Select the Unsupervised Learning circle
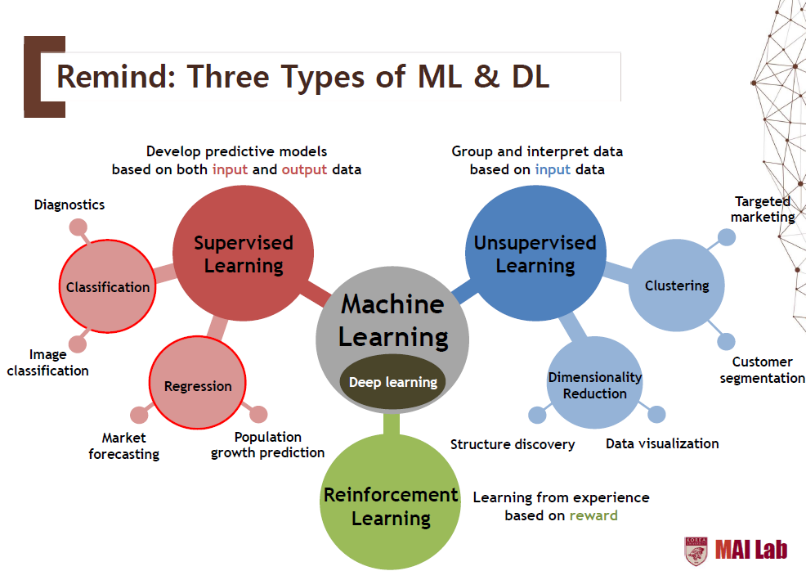pyautogui.click(x=535, y=254)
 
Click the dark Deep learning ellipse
pyautogui.click(x=393, y=382)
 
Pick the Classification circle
pyautogui.click(x=107, y=287)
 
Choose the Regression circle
pyautogui.click(x=198, y=385)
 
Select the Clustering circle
pyautogui.click(x=676, y=285)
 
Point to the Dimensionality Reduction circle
pyautogui.click(x=594, y=384)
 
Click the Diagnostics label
pyautogui.click(x=69, y=205)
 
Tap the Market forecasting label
pyautogui.click(x=124, y=446)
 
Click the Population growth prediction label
pyautogui.click(x=268, y=444)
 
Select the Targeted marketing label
pyautogui.click(x=763, y=209)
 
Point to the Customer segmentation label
pyautogui.click(x=763, y=370)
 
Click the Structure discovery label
pyautogui.click(x=513, y=444)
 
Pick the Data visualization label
pyautogui.click(x=662, y=443)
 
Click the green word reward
pyautogui.click(x=593, y=515)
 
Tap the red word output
pyautogui.click(x=304, y=169)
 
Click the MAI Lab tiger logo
pyautogui.click(x=696, y=551)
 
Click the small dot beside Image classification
pyautogui.click(x=78, y=344)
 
